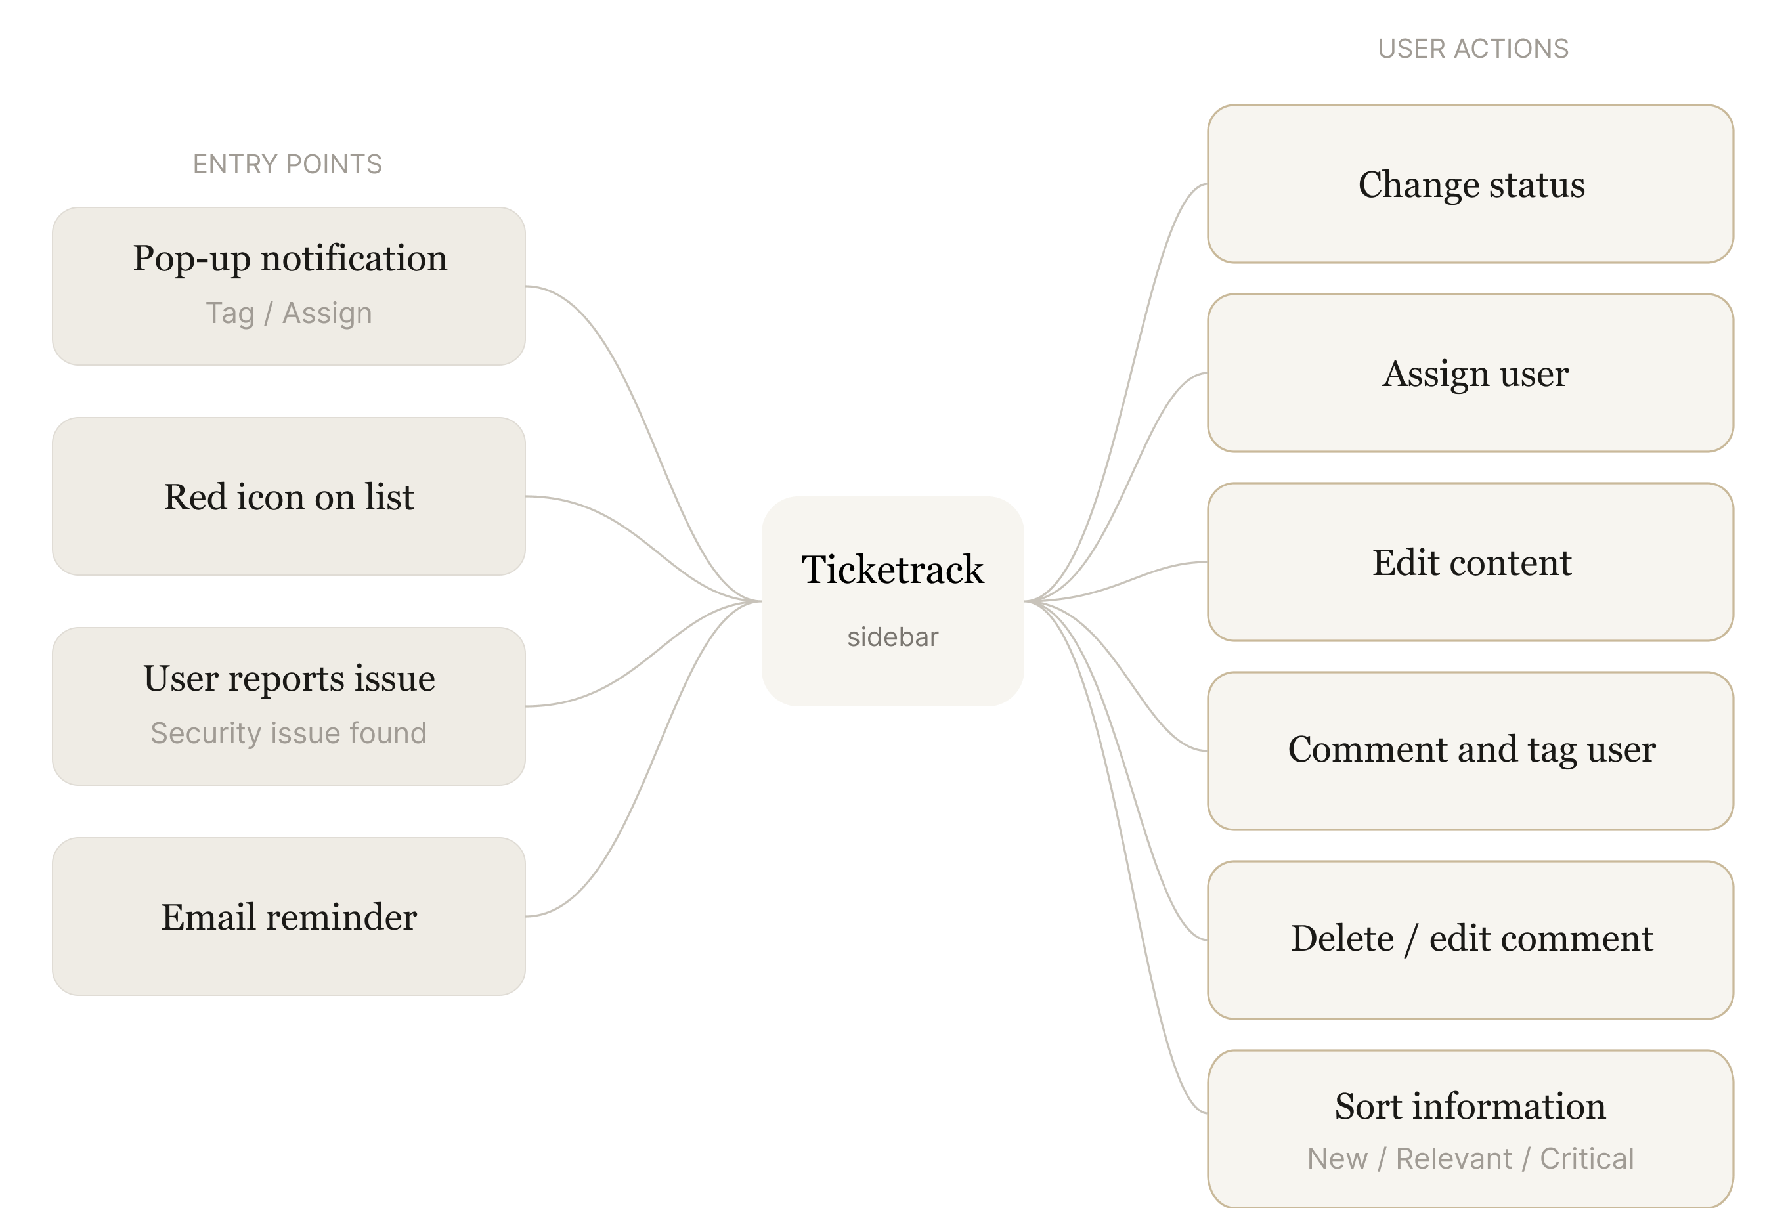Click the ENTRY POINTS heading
tap(287, 163)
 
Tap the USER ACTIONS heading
tap(1472, 49)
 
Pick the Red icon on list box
tap(289, 496)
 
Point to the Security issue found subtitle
tap(289, 733)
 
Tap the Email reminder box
tap(289, 917)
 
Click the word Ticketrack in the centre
tap(892, 569)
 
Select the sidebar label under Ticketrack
tap(892, 637)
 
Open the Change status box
tap(1470, 184)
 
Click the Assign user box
tap(1470, 374)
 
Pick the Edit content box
tap(1470, 563)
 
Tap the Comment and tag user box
tap(1470, 750)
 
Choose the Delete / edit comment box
tap(1470, 939)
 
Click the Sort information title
tap(1470, 1106)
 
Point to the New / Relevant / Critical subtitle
tap(1470, 1159)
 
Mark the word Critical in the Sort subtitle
tap(1586, 1159)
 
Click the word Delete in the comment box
tap(1342, 939)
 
